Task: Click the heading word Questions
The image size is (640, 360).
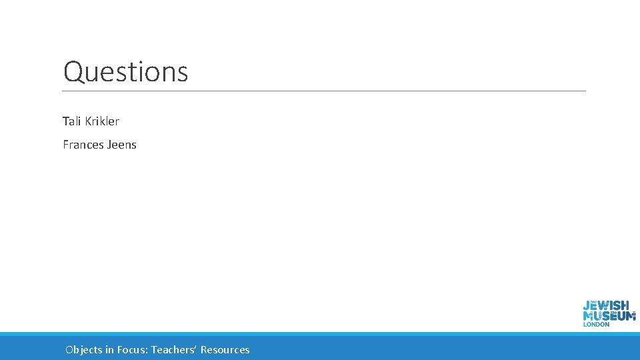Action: click(125, 72)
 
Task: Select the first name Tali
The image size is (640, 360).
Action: click(72, 121)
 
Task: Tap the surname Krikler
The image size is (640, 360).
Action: click(102, 121)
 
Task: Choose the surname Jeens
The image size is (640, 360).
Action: click(121, 145)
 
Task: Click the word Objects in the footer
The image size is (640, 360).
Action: click(84, 349)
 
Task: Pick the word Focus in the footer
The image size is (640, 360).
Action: click(131, 349)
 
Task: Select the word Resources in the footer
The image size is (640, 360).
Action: click(225, 349)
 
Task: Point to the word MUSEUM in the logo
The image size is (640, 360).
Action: click(609, 316)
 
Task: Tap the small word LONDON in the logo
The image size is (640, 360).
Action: click(596, 325)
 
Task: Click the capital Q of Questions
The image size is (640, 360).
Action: click(72, 72)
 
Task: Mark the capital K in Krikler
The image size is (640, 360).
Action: click(89, 121)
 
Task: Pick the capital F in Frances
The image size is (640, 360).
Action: click(66, 145)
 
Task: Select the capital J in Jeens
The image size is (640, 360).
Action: click(109, 145)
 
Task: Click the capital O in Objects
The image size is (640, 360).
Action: click(70, 349)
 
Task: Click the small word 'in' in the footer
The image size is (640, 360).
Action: click(109, 349)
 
